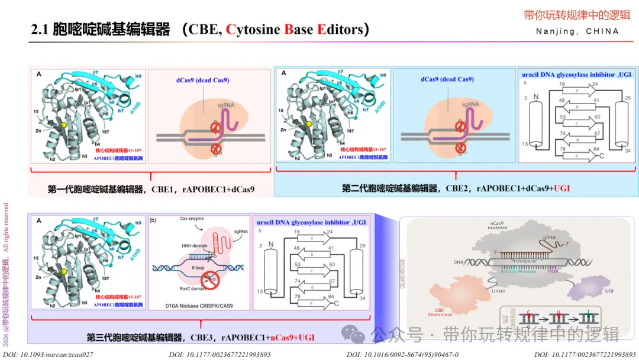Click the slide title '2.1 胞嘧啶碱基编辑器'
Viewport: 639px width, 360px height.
101,30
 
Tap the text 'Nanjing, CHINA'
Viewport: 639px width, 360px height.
577,31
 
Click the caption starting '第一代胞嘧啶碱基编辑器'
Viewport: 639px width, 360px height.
151,189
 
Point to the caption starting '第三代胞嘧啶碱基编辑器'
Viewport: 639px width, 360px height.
201,337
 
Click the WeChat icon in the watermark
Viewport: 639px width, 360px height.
356,335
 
